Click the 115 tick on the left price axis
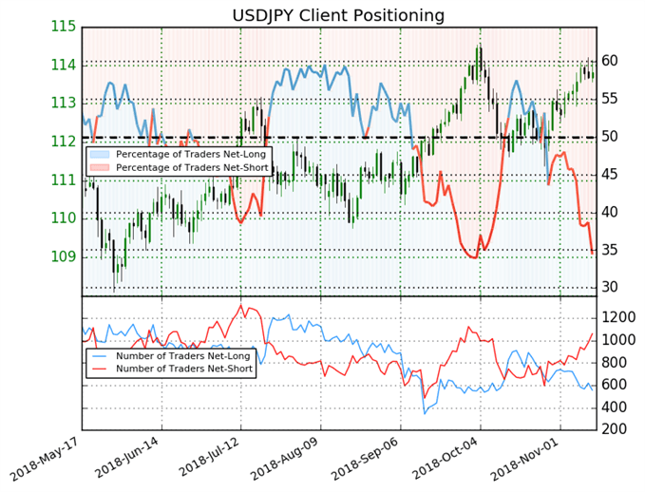pyautogui.click(x=64, y=26)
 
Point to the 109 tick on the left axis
pyautogui.click(x=64, y=256)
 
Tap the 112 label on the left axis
pyautogui.click(x=64, y=142)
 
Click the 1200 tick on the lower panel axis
pyautogui.click(x=618, y=316)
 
